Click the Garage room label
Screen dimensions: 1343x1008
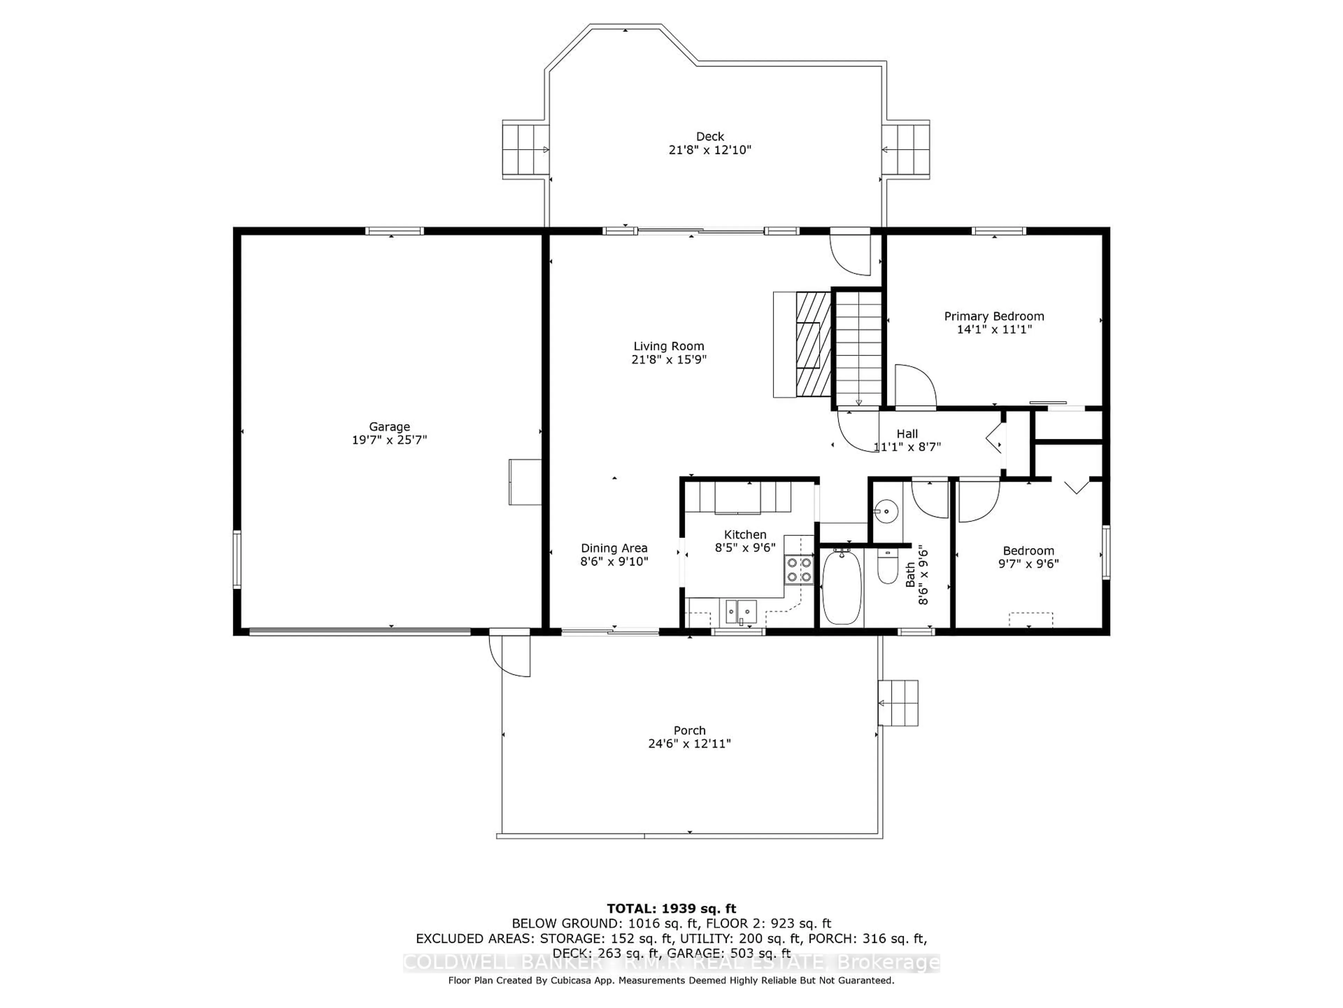point(389,427)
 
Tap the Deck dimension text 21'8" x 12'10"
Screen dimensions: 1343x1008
point(710,149)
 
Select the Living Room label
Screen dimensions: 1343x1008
point(668,346)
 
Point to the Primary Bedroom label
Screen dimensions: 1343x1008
point(994,316)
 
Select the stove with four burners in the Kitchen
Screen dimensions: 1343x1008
point(798,570)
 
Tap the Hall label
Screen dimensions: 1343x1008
point(907,434)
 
